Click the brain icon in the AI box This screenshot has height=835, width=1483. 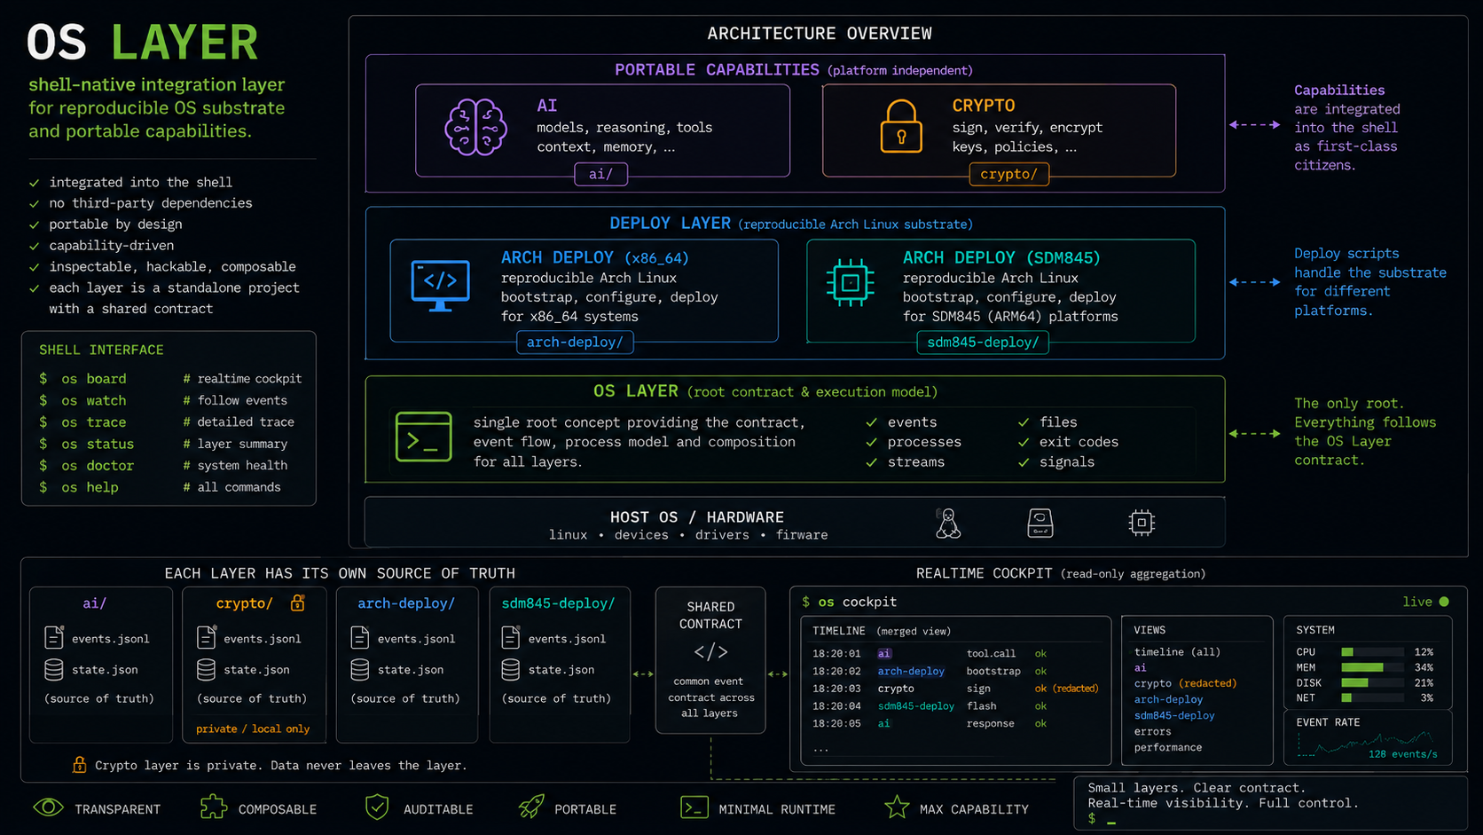pos(475,127)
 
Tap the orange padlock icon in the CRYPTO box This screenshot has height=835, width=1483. pos(901,127)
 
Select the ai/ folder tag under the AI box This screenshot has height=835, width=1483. pos(600,174)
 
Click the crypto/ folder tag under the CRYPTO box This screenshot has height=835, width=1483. pos(1008,174)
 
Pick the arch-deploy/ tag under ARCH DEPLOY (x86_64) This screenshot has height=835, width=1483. pos(575,343)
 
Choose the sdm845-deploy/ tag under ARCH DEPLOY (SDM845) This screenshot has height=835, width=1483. pos(983,343)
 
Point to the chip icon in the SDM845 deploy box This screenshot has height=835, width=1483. pos(850,283)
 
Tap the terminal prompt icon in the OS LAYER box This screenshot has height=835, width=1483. pos(424,437)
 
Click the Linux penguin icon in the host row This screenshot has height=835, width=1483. pos(948,524)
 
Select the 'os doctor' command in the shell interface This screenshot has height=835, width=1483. pos(98,466)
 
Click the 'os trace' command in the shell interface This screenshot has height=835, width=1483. pos(93,421)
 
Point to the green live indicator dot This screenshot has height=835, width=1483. pos(1444,602)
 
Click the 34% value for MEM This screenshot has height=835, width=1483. pos(1424,667)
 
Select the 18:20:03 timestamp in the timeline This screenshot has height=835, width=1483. pos(836,689)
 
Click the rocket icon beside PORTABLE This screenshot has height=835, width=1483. pos(531,807)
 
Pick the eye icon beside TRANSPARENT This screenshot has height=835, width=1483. pos(48,807)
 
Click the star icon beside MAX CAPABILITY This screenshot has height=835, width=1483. pos(897,807)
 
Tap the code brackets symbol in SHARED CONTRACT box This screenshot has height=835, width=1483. pos(710,652)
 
